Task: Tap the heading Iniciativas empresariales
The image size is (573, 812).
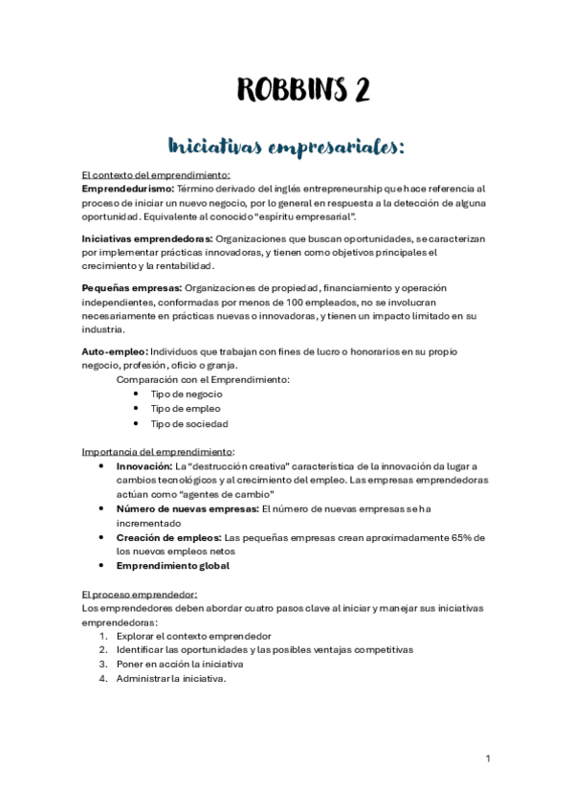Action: (287, 147)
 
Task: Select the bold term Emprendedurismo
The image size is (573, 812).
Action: (127, 189)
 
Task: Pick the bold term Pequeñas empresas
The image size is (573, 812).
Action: (130, 288)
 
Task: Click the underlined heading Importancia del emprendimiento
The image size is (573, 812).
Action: (158, 451)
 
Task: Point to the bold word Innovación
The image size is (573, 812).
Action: (143, 466)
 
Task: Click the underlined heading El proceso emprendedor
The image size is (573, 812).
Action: (139, 595)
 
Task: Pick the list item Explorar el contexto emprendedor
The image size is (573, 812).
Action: (193, 637)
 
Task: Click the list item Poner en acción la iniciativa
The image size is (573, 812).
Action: (179, 665)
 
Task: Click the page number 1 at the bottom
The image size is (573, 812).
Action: (488, 759)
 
